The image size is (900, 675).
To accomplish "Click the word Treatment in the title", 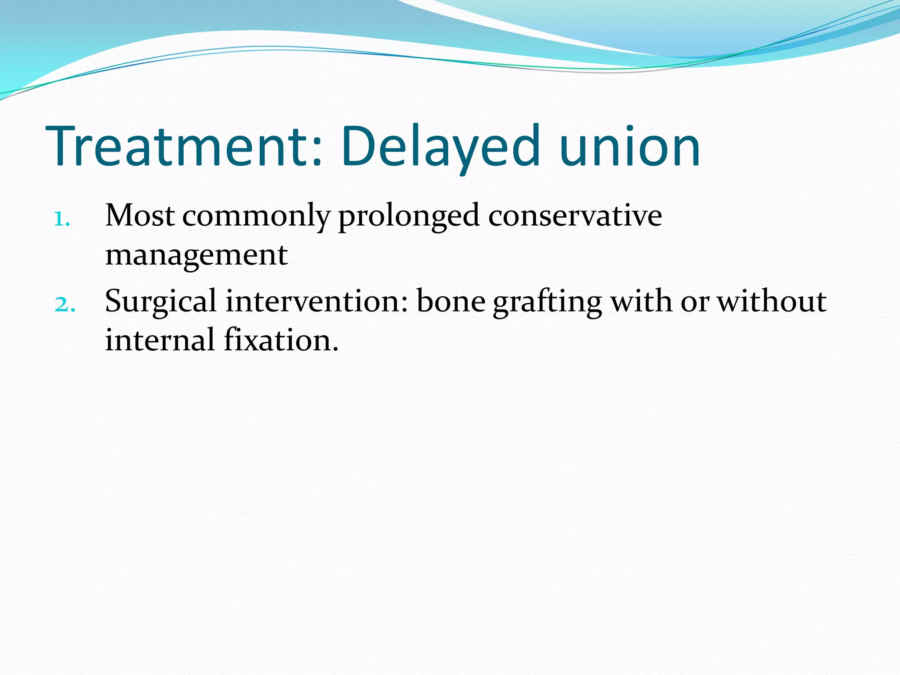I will tap(180, 147).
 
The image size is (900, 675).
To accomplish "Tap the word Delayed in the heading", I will tap(439, 147).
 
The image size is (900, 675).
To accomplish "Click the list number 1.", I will tap(62, 219).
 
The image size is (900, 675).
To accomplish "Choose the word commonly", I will tap(256, 216).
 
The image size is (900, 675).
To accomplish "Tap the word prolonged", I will tap(408, 216).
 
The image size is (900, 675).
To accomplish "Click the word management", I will tap(196, 255).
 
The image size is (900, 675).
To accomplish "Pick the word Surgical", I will tap(161, 302).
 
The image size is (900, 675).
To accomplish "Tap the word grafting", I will tap(547, 302).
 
